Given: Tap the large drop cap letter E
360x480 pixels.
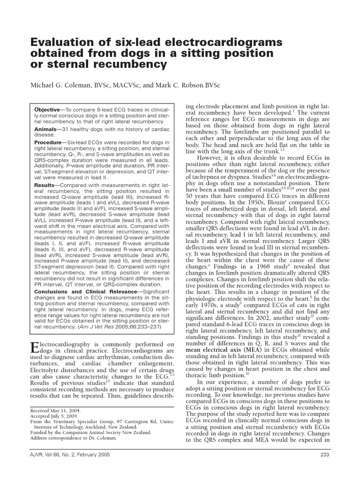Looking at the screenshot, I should click(34, 347).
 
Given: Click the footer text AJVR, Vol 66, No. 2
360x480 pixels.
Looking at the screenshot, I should click(56, 455).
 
